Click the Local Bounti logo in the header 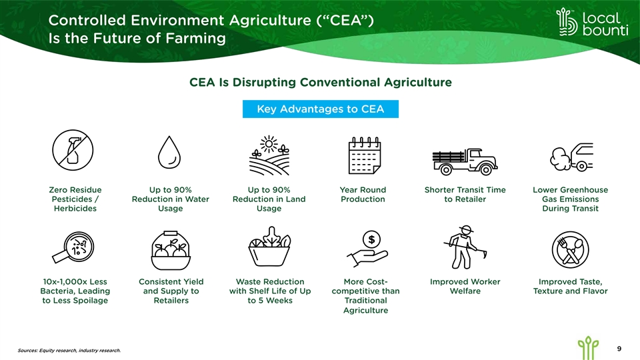point(592,22)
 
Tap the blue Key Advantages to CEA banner point(321,109)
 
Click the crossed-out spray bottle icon point(73,150)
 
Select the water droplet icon point(169,152)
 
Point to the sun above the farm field point(269,144)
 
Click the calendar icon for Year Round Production point(365,155)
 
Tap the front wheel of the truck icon point(486,169)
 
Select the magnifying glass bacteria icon point(73,247)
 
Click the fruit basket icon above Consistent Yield point(171,250)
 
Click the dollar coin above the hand point(371,239)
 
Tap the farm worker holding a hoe point(465,247)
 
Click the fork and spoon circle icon point(570,249)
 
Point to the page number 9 point(619,349)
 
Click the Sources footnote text point(69,350)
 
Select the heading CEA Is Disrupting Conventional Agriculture point(321,83)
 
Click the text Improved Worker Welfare point(465,286)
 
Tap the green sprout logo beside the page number point(588,348)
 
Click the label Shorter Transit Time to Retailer point(465,194)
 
